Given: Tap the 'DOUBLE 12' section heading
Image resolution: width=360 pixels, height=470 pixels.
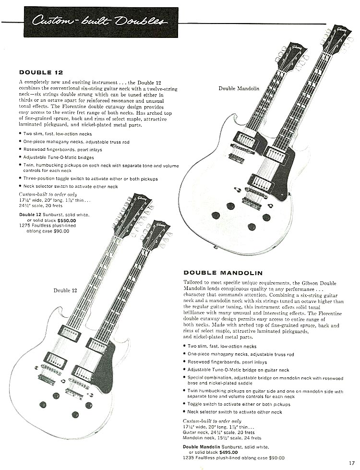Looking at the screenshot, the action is [x=41, y=72].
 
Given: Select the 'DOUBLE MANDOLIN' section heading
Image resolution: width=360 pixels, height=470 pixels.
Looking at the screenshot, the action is [x=223, y=273].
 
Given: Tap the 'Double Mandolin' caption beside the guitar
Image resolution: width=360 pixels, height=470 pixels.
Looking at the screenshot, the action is [x=239, y=88].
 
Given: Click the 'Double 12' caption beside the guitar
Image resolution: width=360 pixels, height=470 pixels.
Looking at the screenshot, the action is [x=65, y=290].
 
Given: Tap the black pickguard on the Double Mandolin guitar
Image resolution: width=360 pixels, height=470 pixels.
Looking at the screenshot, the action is [x=279, y=168].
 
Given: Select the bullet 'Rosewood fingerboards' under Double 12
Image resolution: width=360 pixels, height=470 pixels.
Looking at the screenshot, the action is [x=62, y=150].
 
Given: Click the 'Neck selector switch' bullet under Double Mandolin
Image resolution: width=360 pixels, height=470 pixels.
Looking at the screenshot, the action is [x=235, y=412].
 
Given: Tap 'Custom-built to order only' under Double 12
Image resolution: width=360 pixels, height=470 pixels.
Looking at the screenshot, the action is [x=48, y=194].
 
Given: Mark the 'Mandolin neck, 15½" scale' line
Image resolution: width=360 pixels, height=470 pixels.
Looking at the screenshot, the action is [x=222, y=438].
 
